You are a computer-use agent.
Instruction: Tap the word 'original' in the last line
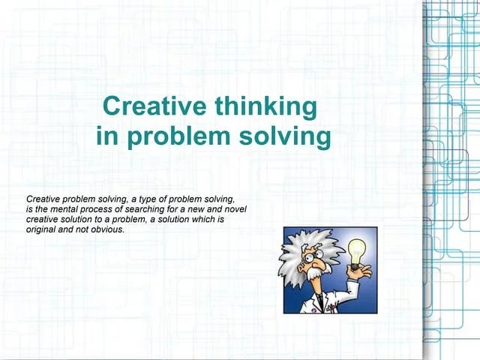41,229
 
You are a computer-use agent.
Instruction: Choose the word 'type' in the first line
140,199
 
